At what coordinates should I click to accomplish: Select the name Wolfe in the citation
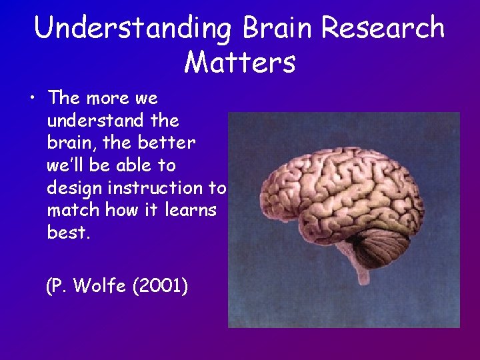(x=100, y=286)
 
